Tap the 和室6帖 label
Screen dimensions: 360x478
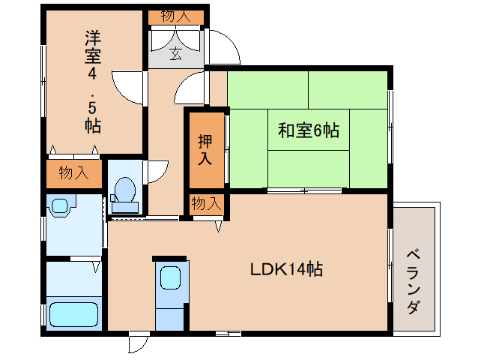click(309, 130)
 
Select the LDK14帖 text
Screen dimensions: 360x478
click(286, 269)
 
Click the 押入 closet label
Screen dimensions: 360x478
click(205, 149)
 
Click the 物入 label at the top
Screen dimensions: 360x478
click(175, 16)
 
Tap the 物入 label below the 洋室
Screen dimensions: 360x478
click(73, 173)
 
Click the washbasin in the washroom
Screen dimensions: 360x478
click(60, 203)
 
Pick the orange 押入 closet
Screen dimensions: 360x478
click(205, 149)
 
